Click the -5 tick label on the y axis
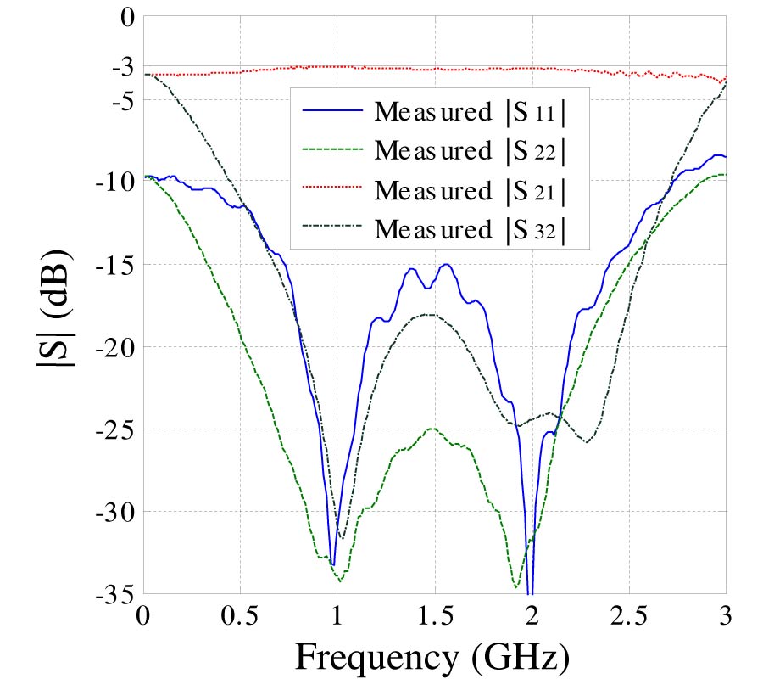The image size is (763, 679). tap(119, 99)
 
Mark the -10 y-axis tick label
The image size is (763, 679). tap(113, 182)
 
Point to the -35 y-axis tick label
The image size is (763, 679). tap(113, 593)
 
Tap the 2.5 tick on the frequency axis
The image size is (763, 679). tap(629, 615)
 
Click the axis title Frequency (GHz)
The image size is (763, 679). tap(432, 656)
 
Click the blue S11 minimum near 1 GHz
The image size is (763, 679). tap(332, 564)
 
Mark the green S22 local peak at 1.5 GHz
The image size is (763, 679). tap(433, 429)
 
